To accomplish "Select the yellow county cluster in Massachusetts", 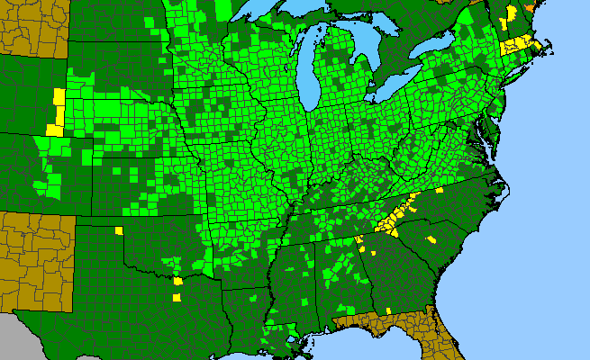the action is [x=521, y=43].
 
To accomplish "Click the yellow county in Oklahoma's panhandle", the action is [x=119, y=230].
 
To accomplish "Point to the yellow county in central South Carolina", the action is [x=431, y=239].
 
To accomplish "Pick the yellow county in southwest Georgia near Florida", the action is [x=388, y=310].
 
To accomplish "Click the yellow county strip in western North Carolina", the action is [x=397, y=211].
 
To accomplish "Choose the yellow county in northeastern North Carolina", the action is [x=440, y=191].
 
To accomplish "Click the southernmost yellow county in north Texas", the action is [x=177, y=298].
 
